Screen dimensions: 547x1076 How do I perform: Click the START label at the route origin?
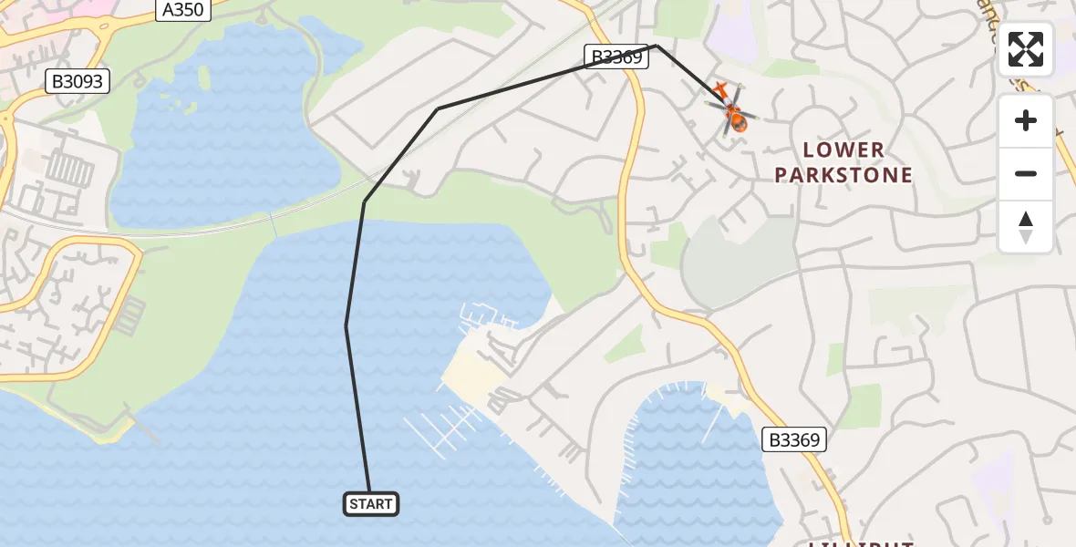(371, 504)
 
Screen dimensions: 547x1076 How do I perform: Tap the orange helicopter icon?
(733, 113)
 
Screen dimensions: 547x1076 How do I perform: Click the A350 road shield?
(183, 10)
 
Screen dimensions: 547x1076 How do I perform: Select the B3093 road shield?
(78, 82)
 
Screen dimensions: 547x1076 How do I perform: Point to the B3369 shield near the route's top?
(616, 57)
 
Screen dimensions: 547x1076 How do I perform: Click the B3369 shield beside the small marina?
(794, 440)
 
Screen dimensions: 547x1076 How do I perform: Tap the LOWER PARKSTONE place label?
(843, 162)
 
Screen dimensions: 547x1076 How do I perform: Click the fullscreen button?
(1026, 49)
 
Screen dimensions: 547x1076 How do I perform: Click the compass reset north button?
(1026, 227)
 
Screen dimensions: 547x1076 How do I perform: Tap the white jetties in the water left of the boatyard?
(443, 429)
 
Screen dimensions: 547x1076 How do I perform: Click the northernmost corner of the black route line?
(656, 45)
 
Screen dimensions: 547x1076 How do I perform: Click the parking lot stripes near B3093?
(69, 169)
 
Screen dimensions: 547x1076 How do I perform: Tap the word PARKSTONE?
(843, 175)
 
